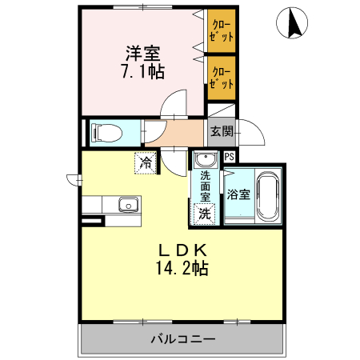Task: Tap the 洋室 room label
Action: [143, 54]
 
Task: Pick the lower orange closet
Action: [222, 78]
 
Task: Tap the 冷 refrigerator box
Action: [146, 162]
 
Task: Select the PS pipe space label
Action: [230, 158]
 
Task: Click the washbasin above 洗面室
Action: [206, 160]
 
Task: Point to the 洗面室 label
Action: [206, 186]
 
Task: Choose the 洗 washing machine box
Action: [205, 213]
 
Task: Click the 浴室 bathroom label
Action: [238, 194]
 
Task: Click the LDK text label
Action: [182, 249]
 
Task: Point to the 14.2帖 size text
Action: [182, 268]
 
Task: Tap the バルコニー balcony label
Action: [183, 339]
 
